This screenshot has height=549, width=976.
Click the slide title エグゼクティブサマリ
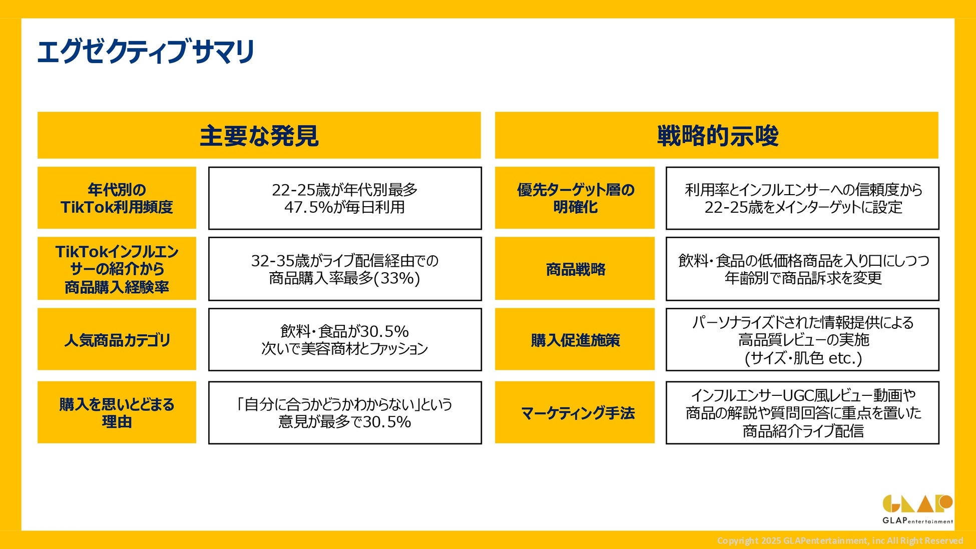pyautogui.click(x=146, y=52)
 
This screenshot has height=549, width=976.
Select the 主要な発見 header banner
pyautogui.click(x=259, y=135)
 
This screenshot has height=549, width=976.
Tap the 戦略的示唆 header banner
pyautogui.click(x=717, y=135)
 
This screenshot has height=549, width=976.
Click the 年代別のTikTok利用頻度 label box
pyautogui.click(x=117, y=198)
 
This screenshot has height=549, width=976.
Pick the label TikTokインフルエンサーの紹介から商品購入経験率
pyautogui.click(x=117, y=269)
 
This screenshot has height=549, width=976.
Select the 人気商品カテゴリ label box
pyautogui.click(x=117, y=339)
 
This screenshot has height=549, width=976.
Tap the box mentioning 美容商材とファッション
pyautogui.click(x=345, y=339)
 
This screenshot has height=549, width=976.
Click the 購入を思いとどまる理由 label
pyautogui.click(x=117, y=412)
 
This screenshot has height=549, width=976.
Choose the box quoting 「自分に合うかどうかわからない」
pyautogui.click(x=345, y=412)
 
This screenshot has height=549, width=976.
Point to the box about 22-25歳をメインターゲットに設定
pyautogui.click(x=802, y=198)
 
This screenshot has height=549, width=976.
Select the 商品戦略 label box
pyautogui.click(x=575, y=269)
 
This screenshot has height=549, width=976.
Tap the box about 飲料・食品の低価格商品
pyautogui.click(x=802, y=269)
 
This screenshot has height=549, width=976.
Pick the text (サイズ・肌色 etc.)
pyautogui.click(x=803, y=358)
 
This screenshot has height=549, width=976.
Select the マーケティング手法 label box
pyautogui.click(x=575, y=412)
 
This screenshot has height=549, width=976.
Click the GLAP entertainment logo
pyautogui.click(x=917, y=509)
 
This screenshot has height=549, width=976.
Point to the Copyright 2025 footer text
pyautogui.click(x=840, y=540)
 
